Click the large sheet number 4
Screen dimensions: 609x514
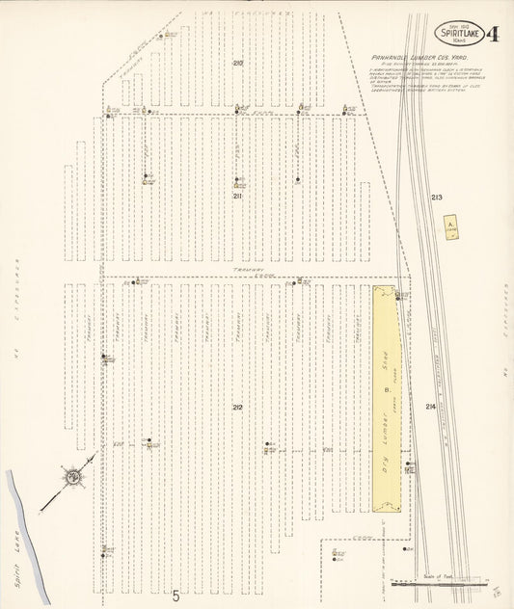(493, 36)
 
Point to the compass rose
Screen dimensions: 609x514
(72, 475)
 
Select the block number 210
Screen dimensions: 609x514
(237, 63)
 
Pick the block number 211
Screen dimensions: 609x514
(237, 196)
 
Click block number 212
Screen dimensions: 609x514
(237, 408)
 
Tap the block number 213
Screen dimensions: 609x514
(437, 198)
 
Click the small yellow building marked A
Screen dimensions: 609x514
(450, 227)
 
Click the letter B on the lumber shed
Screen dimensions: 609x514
(387, 390)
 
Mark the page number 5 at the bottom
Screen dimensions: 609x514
(176, 596)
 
